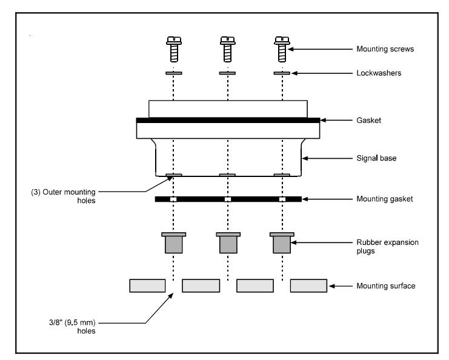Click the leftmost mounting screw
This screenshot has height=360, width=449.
point(174,49)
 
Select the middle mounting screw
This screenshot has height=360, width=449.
point(228,49)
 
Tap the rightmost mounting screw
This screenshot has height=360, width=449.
point(282,49)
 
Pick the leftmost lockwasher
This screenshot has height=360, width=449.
point(173,73)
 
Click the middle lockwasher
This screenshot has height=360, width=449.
point(227,73)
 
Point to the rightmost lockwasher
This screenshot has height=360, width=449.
point(282,73)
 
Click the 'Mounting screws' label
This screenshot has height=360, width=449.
point(385,49)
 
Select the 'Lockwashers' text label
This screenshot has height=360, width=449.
point(379,73)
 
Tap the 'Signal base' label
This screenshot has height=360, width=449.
point(376,158)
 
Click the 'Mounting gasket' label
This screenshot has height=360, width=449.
point(385,199)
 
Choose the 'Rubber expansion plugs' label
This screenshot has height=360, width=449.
point(387,247)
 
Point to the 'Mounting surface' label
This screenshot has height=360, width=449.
point(386,286)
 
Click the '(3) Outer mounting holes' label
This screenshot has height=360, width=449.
point(63,196)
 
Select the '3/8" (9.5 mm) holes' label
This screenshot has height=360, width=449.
point(72,327)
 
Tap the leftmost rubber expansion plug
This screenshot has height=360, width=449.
point(173,243)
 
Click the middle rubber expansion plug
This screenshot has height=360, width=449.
point(228,243)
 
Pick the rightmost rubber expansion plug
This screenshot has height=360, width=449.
point(282,243)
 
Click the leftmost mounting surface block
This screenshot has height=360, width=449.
point(147,286)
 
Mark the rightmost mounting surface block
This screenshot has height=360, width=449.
point(308,286)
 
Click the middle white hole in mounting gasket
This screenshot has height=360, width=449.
point(228,199)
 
